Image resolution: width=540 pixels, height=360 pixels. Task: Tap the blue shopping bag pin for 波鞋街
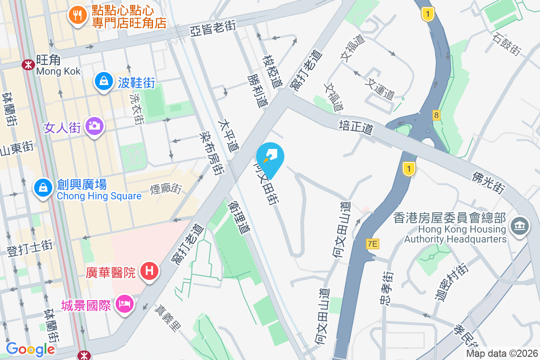pos(104,82)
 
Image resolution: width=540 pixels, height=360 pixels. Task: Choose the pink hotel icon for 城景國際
pos(124,305)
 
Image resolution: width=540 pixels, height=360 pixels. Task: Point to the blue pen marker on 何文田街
pos(270,157)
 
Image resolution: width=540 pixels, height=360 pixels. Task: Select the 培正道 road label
pos(356,127)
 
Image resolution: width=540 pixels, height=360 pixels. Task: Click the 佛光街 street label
pos(488,183)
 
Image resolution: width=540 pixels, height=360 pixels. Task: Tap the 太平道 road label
pos(229,135)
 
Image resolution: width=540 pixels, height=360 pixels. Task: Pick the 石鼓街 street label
pos(507,44)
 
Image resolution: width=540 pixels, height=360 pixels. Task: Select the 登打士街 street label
pos(30,248)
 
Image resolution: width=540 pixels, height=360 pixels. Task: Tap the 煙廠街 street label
pos(166,188)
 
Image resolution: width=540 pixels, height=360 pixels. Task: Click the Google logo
pos(31,349)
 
